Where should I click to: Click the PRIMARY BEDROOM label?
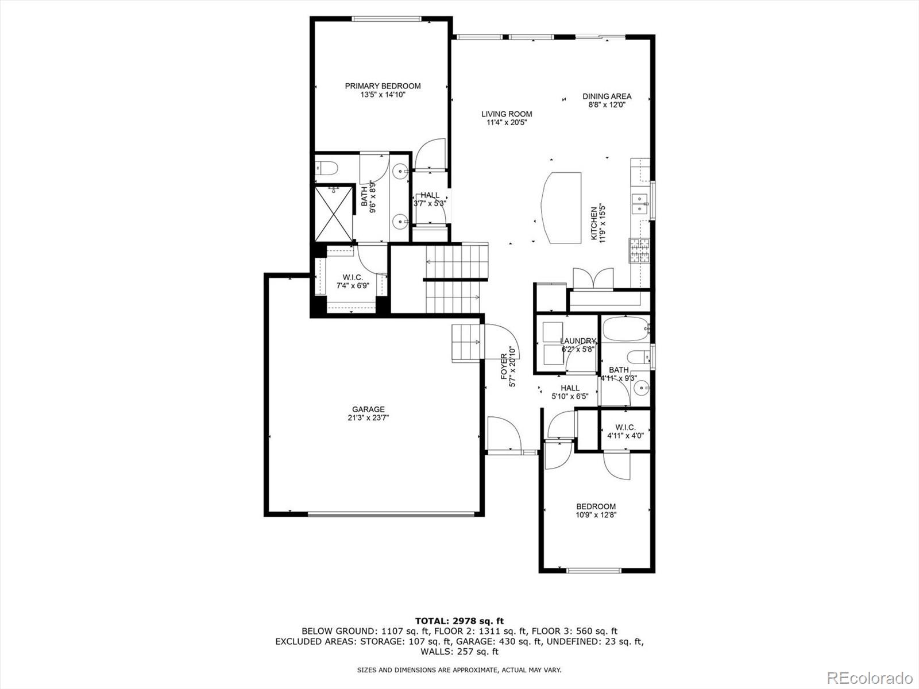tap(383, 86)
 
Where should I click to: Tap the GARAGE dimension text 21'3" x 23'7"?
tap(368, 418)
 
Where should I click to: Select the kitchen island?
tap(561, 207)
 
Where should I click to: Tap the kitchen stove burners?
tap(640, 251)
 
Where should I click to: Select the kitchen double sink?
tap(639, 203)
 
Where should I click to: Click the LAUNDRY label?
tap(578, 341)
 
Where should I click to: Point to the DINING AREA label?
tap(607, 96)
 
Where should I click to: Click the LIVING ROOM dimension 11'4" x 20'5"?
tap(506, 122)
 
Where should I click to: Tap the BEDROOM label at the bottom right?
tap(596, 506)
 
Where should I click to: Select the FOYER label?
tap(504, 367)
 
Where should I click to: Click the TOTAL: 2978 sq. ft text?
tap(459, 621)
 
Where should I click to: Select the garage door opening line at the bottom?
tap(392, 514)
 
